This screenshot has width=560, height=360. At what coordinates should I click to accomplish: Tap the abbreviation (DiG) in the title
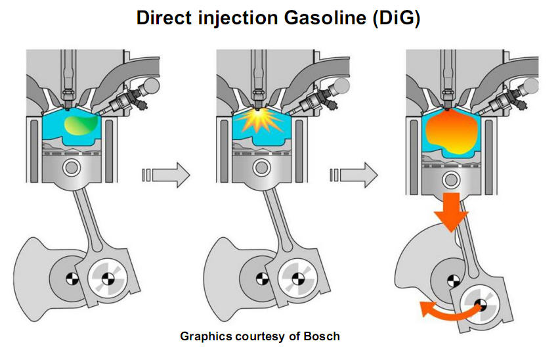(x=395, y=18)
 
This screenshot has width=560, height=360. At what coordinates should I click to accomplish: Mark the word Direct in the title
(x=164, y=18)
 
